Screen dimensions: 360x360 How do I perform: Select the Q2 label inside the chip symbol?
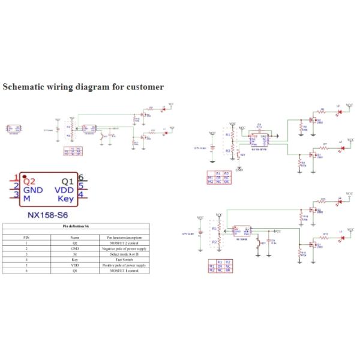[29, 180]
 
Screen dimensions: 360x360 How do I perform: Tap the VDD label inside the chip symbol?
[64, 189]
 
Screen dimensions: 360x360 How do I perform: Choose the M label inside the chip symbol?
[26, 198]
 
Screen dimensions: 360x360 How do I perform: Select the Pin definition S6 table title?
[76, 226]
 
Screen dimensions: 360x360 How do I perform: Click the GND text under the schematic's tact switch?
[239, 170]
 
